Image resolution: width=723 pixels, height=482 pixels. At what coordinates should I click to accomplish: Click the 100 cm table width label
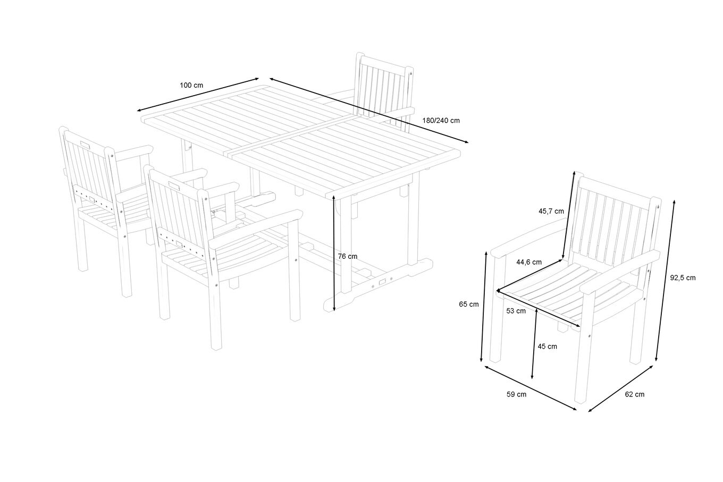tap(191, 86)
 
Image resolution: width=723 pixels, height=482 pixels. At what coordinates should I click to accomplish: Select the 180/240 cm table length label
tap(441, 121)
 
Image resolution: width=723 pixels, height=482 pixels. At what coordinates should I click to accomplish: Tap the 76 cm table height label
tap(348, 257)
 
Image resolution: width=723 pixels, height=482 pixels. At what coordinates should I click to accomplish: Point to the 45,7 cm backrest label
tap(551, 212)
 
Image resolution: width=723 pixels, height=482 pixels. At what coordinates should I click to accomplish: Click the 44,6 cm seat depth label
tap(529, 263)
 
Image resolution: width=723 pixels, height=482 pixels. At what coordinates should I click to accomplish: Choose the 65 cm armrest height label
tap(469, 304)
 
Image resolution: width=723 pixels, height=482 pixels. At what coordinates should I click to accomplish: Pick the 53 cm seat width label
tap(516, 311)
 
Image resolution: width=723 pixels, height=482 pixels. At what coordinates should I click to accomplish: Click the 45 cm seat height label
tap(548, 346)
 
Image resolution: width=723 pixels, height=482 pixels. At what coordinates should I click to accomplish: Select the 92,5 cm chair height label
tap(683, 278)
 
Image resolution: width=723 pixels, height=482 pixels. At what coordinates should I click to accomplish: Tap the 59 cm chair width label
tap(516, 394)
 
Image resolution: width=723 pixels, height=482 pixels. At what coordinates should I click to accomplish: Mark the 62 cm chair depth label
tap(635, 394)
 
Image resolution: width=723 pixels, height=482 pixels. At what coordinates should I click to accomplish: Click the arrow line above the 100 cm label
tap(198, 95)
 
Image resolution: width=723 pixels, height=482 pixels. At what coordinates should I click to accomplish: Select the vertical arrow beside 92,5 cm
tap(665, 281)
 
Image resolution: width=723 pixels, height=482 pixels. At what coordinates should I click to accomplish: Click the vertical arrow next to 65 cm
tap(484, 307)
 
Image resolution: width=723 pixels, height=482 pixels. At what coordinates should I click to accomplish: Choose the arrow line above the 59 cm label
tap(531, 388)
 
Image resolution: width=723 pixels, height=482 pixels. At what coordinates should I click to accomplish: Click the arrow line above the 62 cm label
tap(621, 389)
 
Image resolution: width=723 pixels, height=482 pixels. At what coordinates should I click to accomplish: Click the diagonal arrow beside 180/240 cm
tap(369, 111)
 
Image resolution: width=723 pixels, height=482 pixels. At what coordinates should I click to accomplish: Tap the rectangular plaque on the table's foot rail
tap(383, 282)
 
